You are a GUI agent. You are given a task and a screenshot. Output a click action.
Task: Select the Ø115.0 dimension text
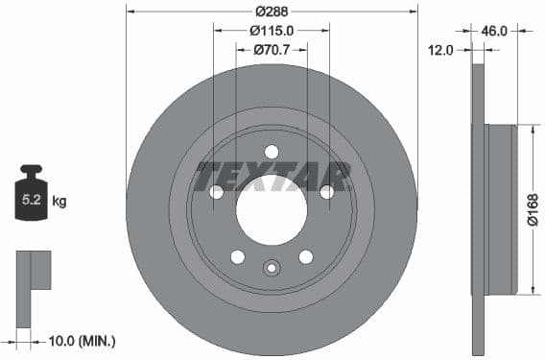[x=272, y=31]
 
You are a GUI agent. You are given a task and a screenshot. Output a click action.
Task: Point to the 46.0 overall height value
[x=493, y=31]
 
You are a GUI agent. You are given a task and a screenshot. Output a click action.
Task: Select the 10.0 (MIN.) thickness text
[x=82, y=341]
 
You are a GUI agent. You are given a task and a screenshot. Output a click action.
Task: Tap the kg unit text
[x=59, y=202]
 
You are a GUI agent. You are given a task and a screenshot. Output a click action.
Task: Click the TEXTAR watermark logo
[x=272, y=177]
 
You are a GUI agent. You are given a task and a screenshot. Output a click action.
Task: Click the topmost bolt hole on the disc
[x=272, y=152]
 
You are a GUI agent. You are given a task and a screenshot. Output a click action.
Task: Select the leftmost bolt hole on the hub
[x=216, y=192]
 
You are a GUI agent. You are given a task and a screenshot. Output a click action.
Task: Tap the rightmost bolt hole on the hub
[x=327, y=192]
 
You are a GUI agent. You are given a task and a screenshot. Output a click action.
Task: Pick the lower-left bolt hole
[x=237, y=256]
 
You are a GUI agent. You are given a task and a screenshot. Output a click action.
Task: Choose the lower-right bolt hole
[x=306, y=256]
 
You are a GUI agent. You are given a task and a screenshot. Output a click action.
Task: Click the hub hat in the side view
[x=503, y=209]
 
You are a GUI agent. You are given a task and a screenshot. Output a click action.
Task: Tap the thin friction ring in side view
[x=480, y=209]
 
